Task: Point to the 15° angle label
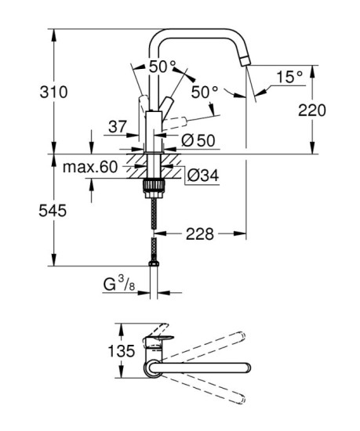click(289, 76)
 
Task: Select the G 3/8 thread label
click(122, 284)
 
